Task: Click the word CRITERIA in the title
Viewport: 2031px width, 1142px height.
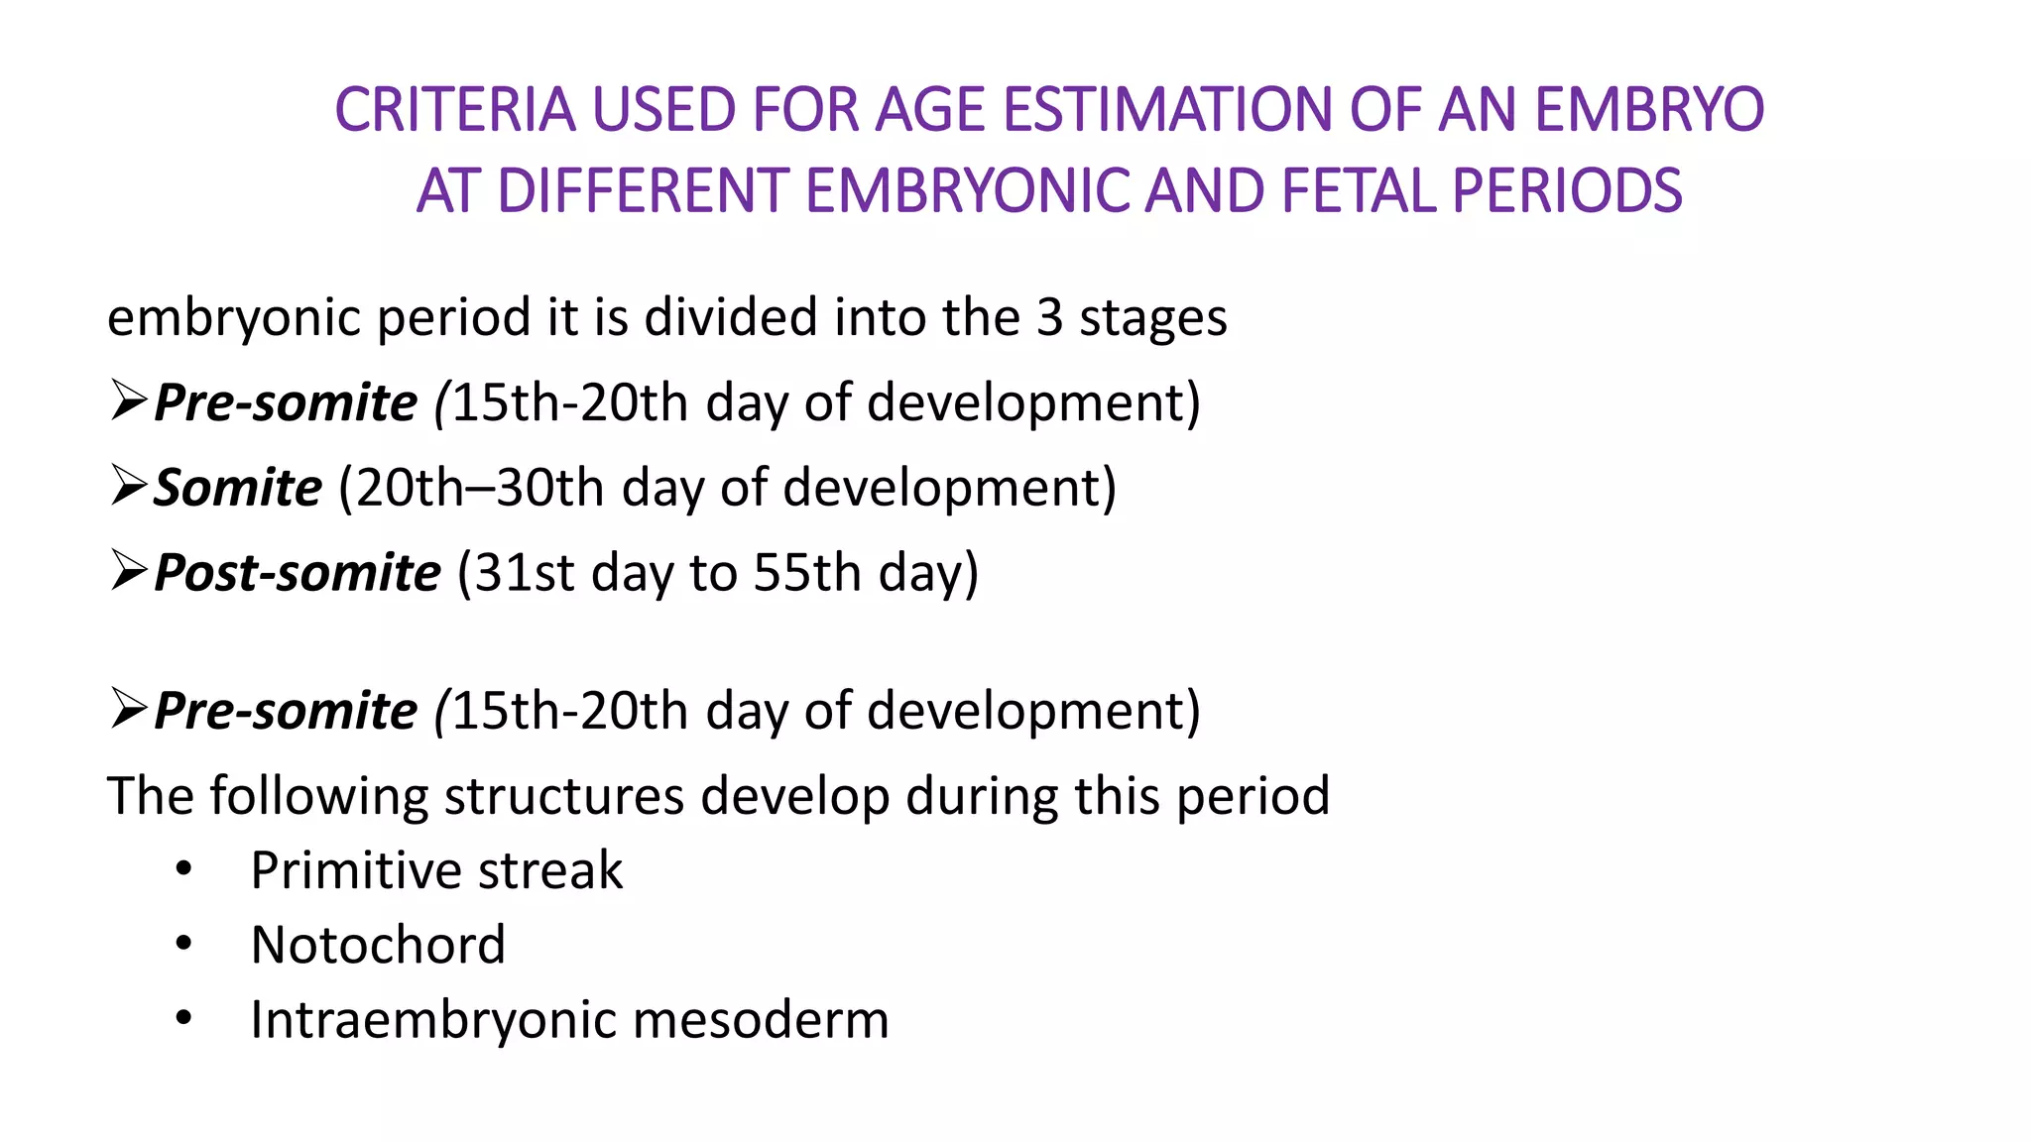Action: tap(455, 109)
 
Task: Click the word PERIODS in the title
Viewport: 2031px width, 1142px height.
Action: tap(1567, 190)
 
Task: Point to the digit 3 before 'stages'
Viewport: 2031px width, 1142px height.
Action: tap(1049, 318)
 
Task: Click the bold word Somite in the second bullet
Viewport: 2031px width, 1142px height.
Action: tap(238, 488)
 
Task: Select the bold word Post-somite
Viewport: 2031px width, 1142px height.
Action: tap(298, 573)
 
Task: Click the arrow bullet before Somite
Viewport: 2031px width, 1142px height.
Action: tap(129, 486)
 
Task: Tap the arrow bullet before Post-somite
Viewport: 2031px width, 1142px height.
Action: tap(129, 571)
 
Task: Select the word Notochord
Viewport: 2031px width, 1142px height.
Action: tap(378, 945)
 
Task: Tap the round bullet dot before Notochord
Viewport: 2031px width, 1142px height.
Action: tap(183, 944)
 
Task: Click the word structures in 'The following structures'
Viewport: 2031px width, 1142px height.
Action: tap(563, 796)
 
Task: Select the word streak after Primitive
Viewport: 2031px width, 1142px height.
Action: tap(550, 870)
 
